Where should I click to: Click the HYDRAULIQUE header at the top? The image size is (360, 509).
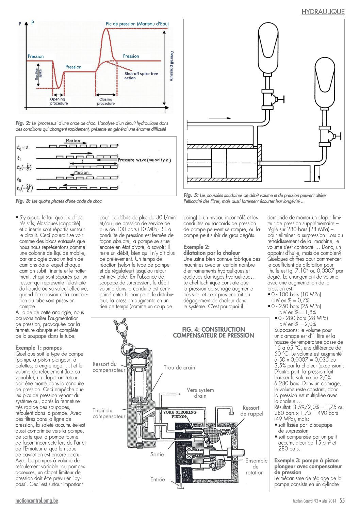pyautogui.click(x=323, y=12)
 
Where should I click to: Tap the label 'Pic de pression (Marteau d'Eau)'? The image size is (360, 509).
pyautogui.click(x=137, y=23)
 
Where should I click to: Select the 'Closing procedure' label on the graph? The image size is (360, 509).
pyautogui.click(x=106, y=101)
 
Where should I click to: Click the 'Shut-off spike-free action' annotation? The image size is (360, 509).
pyautogui.click(x=141, y=76)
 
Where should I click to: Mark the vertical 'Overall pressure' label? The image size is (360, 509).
pyautogui.click(x=172, y=66)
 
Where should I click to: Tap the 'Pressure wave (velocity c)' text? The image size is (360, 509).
pyautogui.click(x=144, y=160)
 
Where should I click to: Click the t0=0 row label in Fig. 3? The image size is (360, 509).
pyautogui.click(x=22, y=147)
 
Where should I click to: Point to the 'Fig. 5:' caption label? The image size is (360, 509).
pyautogui.click(x=191, y=195)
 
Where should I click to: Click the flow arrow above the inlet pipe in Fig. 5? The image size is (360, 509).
pyautogui.click(x=220, y=118)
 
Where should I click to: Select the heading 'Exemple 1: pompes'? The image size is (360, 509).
pyautogui.click(x=38, y=348)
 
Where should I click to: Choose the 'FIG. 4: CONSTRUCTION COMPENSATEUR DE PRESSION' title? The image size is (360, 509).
pyautogui.click(x=213, y=332)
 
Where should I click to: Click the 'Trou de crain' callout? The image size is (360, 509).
pyautogui.click(x=179, y=367)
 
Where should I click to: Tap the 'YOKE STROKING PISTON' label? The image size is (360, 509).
pyautogui.click(x=180, y=414)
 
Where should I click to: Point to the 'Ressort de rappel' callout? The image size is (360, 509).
pyautogui.click(x=251, y=411)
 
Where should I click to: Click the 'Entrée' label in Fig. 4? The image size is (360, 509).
pyautogui.click(x=158, y=479)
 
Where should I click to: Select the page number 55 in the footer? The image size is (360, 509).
pyautogui.click(x=342, y=500)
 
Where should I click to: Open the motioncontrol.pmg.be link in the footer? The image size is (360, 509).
pyautogui.click(x=37, y=501)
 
